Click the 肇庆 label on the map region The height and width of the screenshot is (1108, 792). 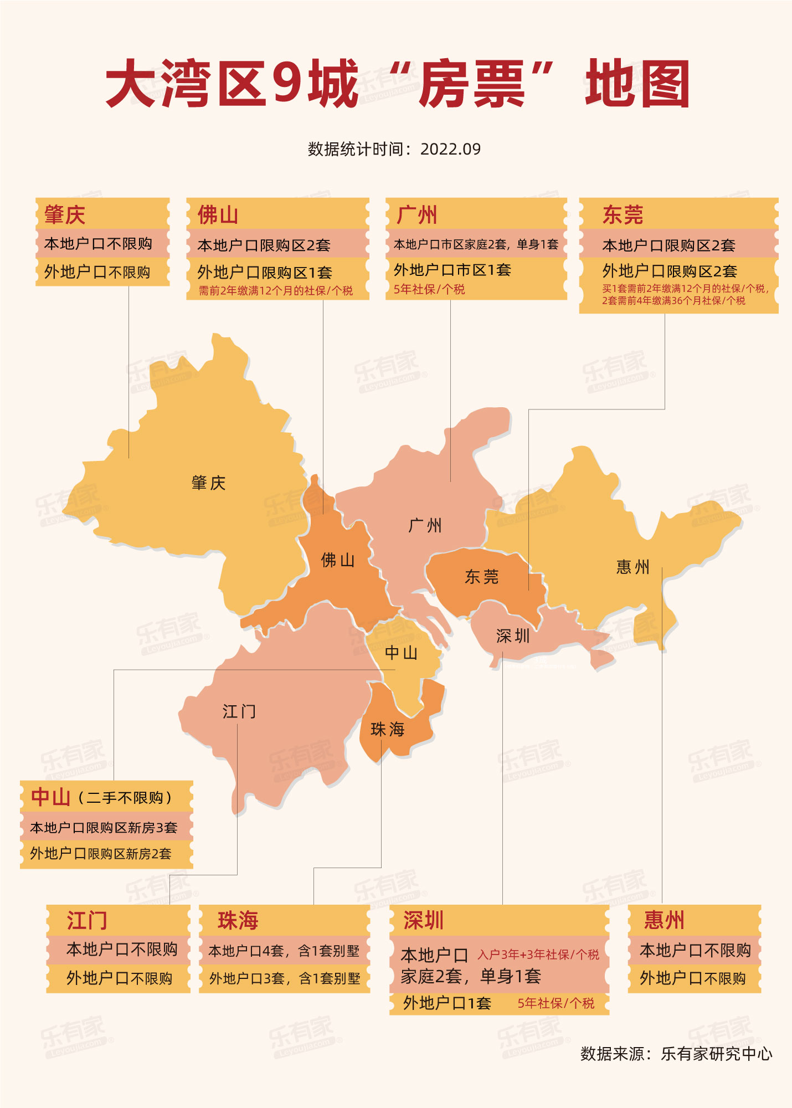[x=208, y=483]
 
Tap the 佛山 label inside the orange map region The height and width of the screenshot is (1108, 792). [x=337, y=560]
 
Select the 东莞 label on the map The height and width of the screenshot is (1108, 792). [x=481, y=577]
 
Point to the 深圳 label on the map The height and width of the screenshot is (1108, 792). [x=513, y=636]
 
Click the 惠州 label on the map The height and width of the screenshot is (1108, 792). [x=632, y=567]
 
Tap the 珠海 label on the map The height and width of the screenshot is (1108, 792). [x=387, y=729]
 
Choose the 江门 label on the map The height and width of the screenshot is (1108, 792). [x=239, y=711]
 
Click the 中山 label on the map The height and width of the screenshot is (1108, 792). [x=401, y=653]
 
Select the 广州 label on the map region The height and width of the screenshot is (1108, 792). [x=425, y=525]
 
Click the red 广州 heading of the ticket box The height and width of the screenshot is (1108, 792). [x=416, y=215]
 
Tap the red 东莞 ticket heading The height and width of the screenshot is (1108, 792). [x=623, y=215]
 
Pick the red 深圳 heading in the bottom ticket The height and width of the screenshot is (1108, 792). [x=423, y=920]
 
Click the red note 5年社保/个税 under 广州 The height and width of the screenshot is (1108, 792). [x=429, y=289]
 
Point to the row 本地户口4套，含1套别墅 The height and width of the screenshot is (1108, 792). [x=284, y=951]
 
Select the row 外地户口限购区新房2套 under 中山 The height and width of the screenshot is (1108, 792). [x=101, y=854]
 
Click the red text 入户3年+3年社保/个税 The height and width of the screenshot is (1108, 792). [x=538, y=955]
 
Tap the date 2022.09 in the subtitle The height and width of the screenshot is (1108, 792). [x=450, y=149]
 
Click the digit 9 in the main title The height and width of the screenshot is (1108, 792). [x=287, y=83]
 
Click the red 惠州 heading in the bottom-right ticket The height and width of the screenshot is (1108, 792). [x=664, y=920]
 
